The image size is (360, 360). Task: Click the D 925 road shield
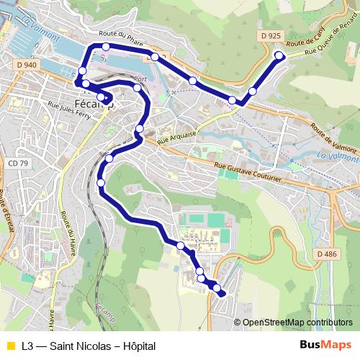tap(271, 35)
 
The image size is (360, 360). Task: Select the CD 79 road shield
tap(19, 163)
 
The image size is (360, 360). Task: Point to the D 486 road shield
tap(326, 254)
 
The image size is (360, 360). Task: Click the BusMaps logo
tap(325, 346)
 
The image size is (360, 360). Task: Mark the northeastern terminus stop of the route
tap(279, 55)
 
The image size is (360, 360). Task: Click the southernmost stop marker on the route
tap(220, 292)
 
